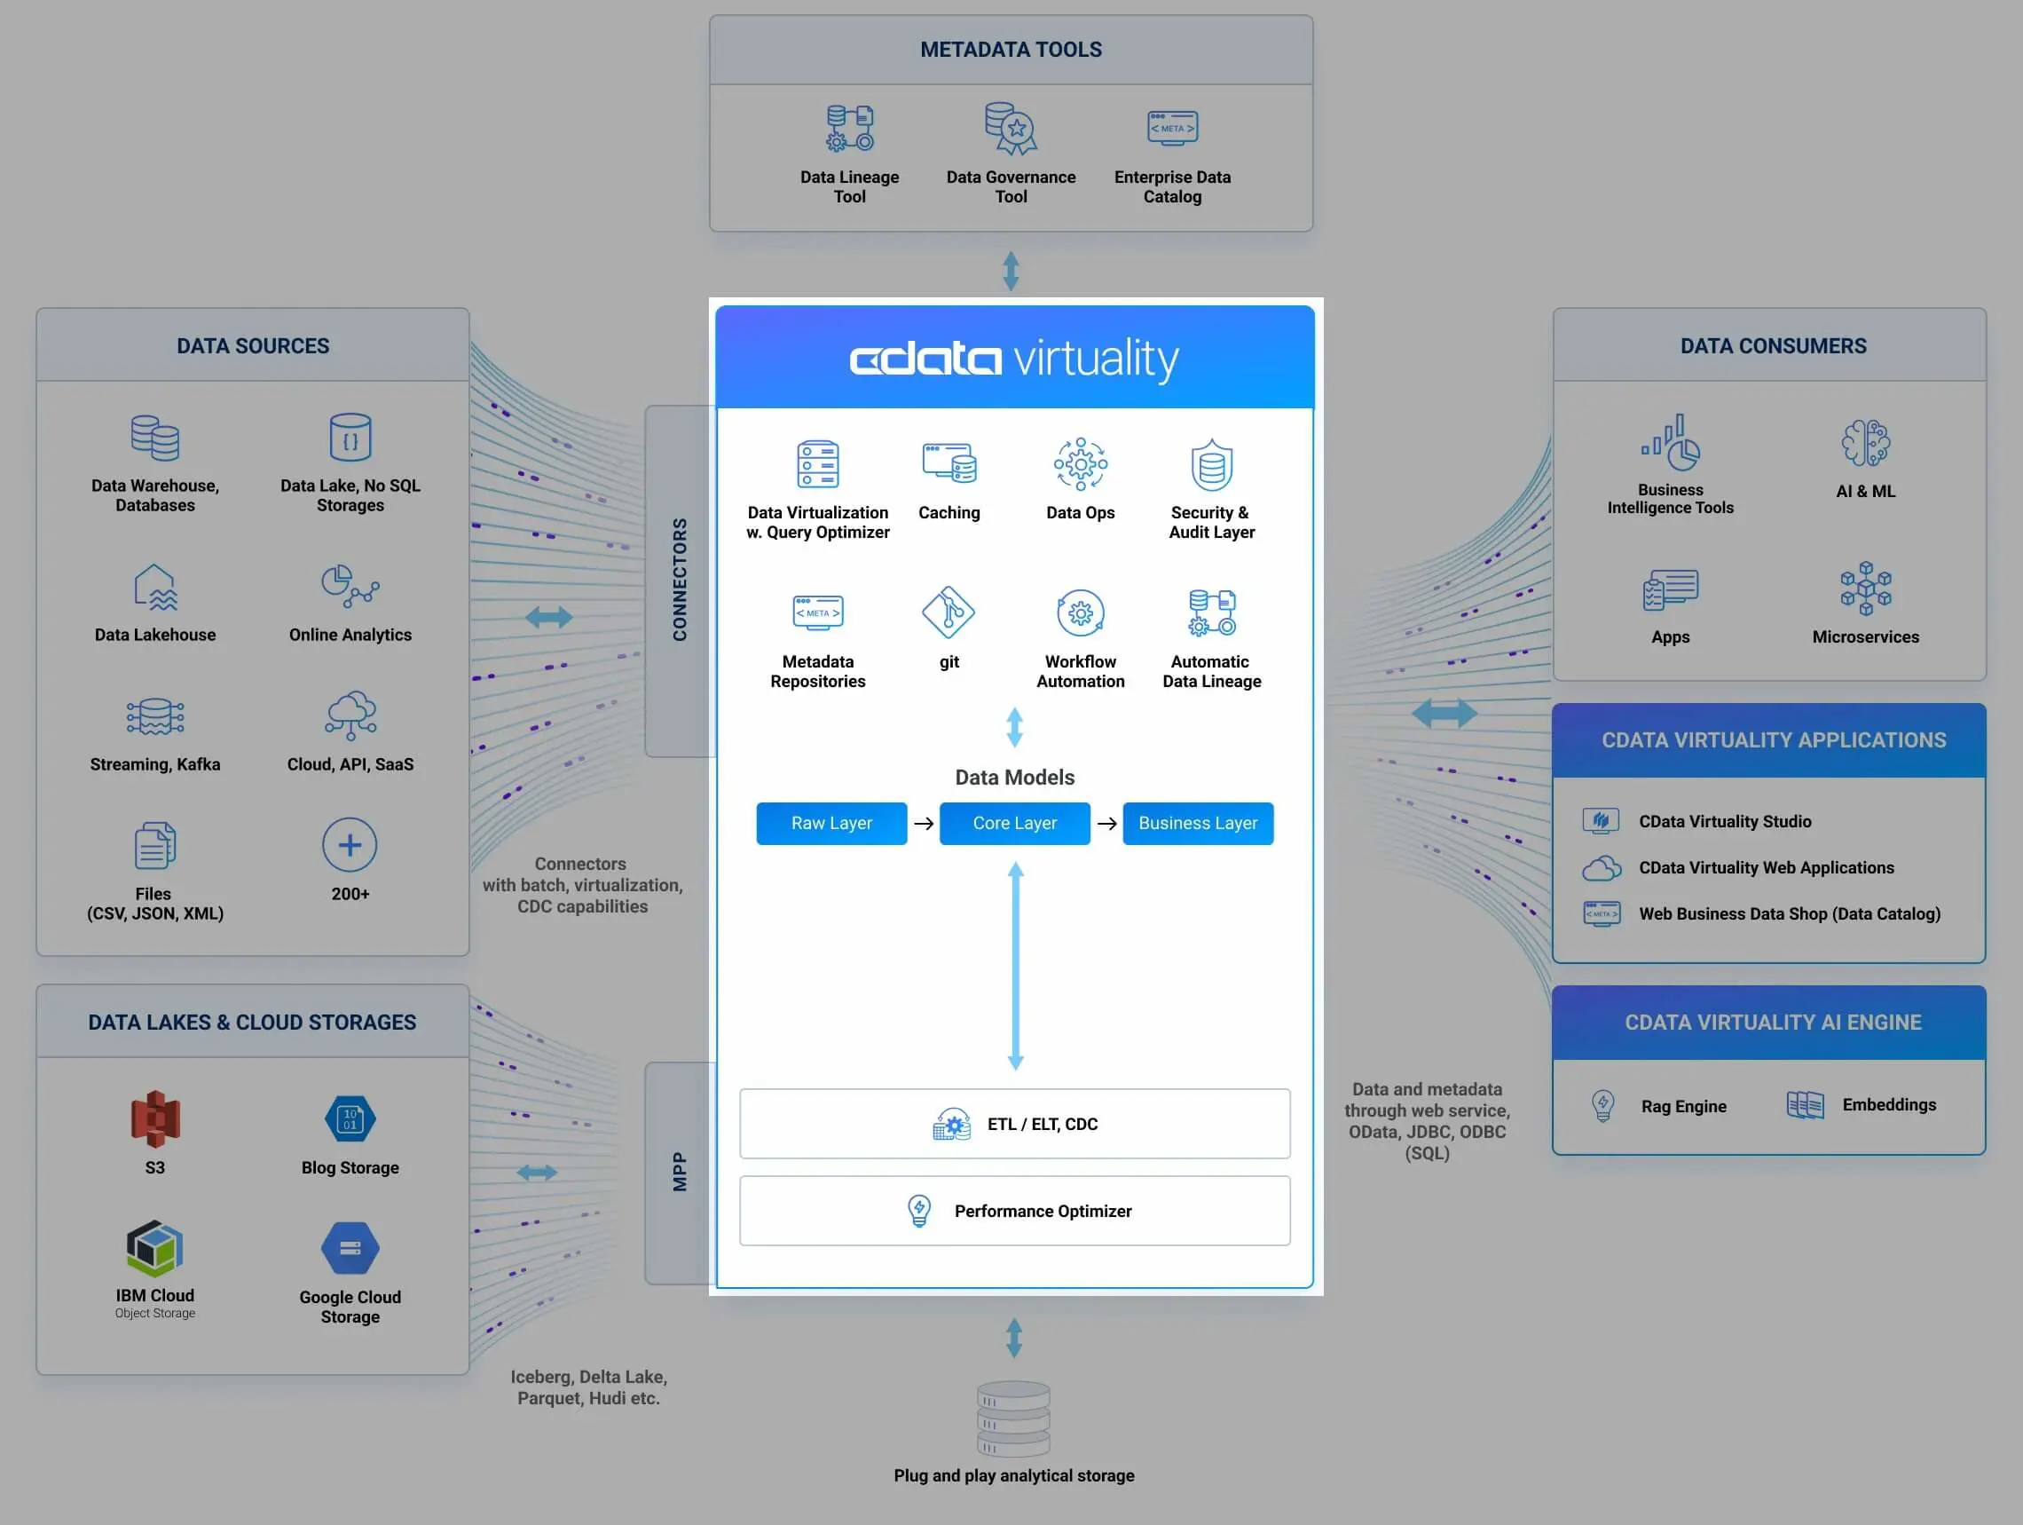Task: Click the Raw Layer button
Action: [830, 824]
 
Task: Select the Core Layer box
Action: [1014, 824]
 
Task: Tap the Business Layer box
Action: [1197, 824]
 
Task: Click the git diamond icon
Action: [949, 612]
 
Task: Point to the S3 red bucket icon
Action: [155, 1118]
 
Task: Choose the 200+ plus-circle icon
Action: [350, 844]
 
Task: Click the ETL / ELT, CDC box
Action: [1014, 1124]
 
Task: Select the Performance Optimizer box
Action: [1014, 1210]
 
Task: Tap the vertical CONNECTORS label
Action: [680, 580]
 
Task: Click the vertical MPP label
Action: [680, 1171]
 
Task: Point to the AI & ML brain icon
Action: [1865, 444]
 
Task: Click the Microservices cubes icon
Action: [1865, 589]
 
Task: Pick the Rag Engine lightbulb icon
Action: [1602, 1105]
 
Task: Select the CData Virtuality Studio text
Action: [1724, 821]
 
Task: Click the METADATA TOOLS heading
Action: [1011, 50]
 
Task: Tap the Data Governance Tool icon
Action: [1011, 128]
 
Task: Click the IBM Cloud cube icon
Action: [154, 1248]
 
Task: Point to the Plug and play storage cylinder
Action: [1013, 1418]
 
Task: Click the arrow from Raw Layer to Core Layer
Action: [924, 824]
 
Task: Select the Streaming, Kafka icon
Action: [154, 716]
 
